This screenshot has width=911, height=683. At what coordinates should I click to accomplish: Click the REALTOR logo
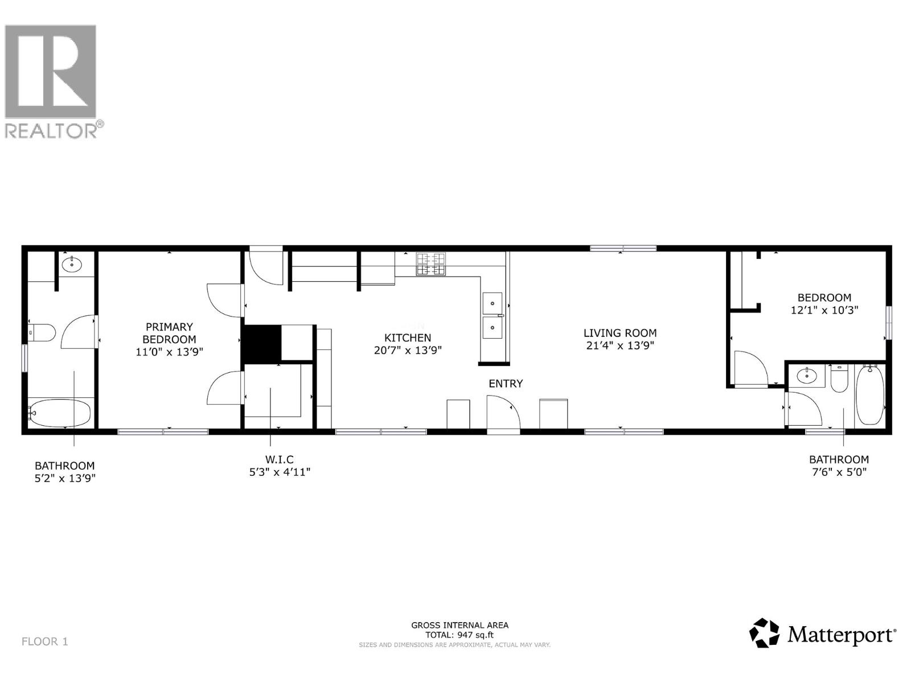51,80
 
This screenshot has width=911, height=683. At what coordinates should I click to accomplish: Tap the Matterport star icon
764,633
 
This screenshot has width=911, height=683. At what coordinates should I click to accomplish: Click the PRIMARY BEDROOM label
169,333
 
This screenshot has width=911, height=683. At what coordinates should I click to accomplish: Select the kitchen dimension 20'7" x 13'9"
408,351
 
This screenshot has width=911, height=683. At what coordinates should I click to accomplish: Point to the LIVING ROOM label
620,333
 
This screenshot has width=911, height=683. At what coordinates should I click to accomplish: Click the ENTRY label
506,384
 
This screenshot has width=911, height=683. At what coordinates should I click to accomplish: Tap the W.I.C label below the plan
279,459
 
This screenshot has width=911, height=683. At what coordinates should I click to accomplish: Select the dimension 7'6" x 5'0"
839,472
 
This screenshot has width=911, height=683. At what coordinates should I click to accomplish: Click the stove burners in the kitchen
431,264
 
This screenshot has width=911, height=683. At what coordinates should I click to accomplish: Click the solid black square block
262,344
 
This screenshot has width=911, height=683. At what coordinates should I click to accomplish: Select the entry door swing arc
504,412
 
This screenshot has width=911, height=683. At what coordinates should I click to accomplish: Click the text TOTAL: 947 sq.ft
459,635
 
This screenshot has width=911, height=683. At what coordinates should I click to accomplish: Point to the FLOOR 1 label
45,641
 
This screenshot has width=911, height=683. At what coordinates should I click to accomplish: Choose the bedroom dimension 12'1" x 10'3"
824,311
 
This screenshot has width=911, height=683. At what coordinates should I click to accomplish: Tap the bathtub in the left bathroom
60,413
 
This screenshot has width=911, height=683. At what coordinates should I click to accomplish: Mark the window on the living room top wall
623,248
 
